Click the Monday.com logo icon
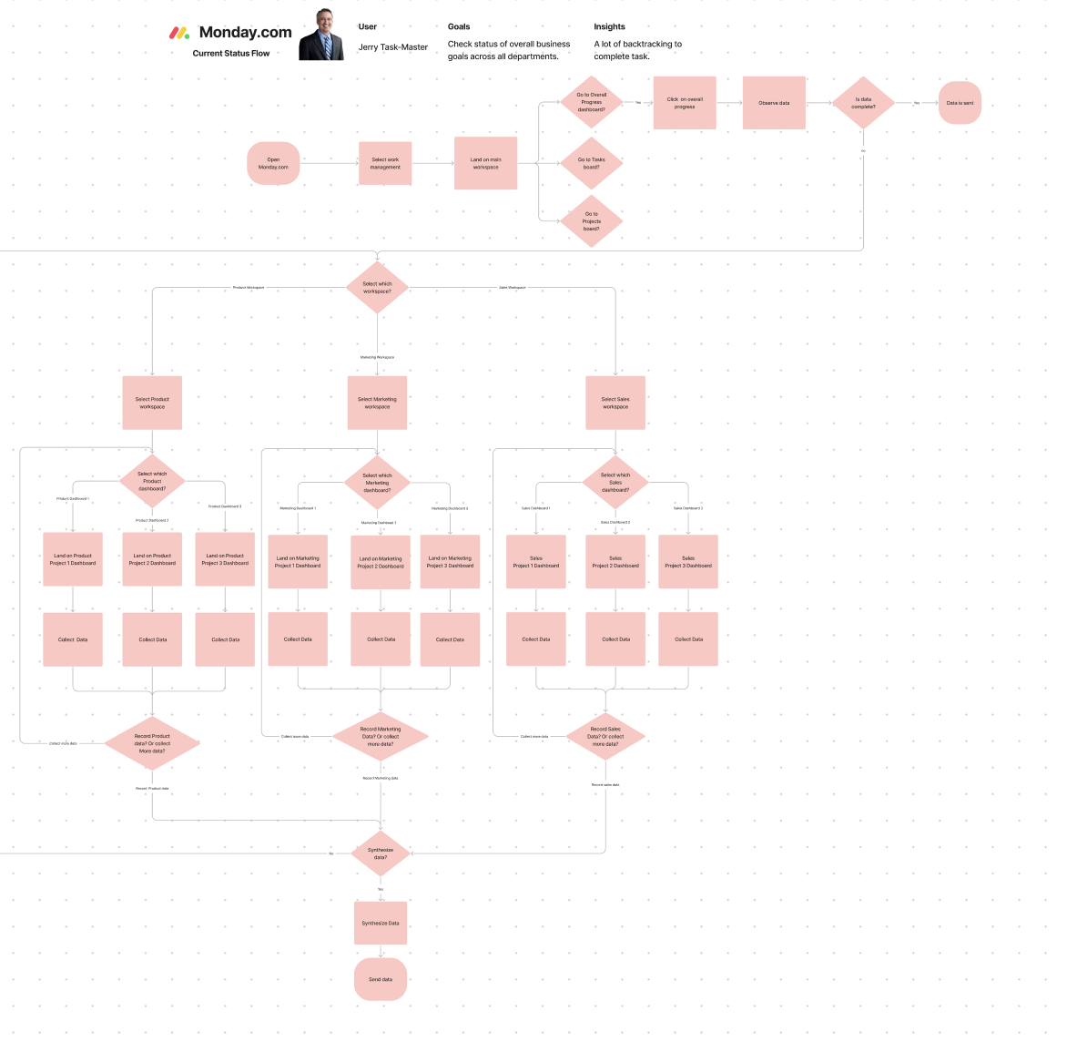click(x=179, y=33)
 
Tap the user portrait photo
click(x=322, y=36)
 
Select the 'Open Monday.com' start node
click(x=273, y=163)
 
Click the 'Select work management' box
click(x=385, y=163)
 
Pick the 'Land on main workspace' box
click(x=485, y=163)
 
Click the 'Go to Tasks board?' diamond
click(x=592, y=163)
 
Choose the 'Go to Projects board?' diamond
click(x=592, y=221)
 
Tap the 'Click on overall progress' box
click(x=685, y=103)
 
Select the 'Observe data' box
click(x=774, y=103)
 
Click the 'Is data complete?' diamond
click(x=863, y=103)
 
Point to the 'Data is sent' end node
click(x=960, y=103)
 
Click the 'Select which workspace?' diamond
click(x=377, y=288)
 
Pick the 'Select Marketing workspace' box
click(x=377, y=403)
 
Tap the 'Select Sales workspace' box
click(x=615, y=403)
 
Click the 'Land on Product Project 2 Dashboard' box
click(x=152, y=559)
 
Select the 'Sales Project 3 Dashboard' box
click(x=688, y=562)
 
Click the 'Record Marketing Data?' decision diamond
click(x=381, y=737)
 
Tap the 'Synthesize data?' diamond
click(x=381, y=853)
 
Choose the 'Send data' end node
click(x=381, y=979)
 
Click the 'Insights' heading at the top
click(x=609, y=26)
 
